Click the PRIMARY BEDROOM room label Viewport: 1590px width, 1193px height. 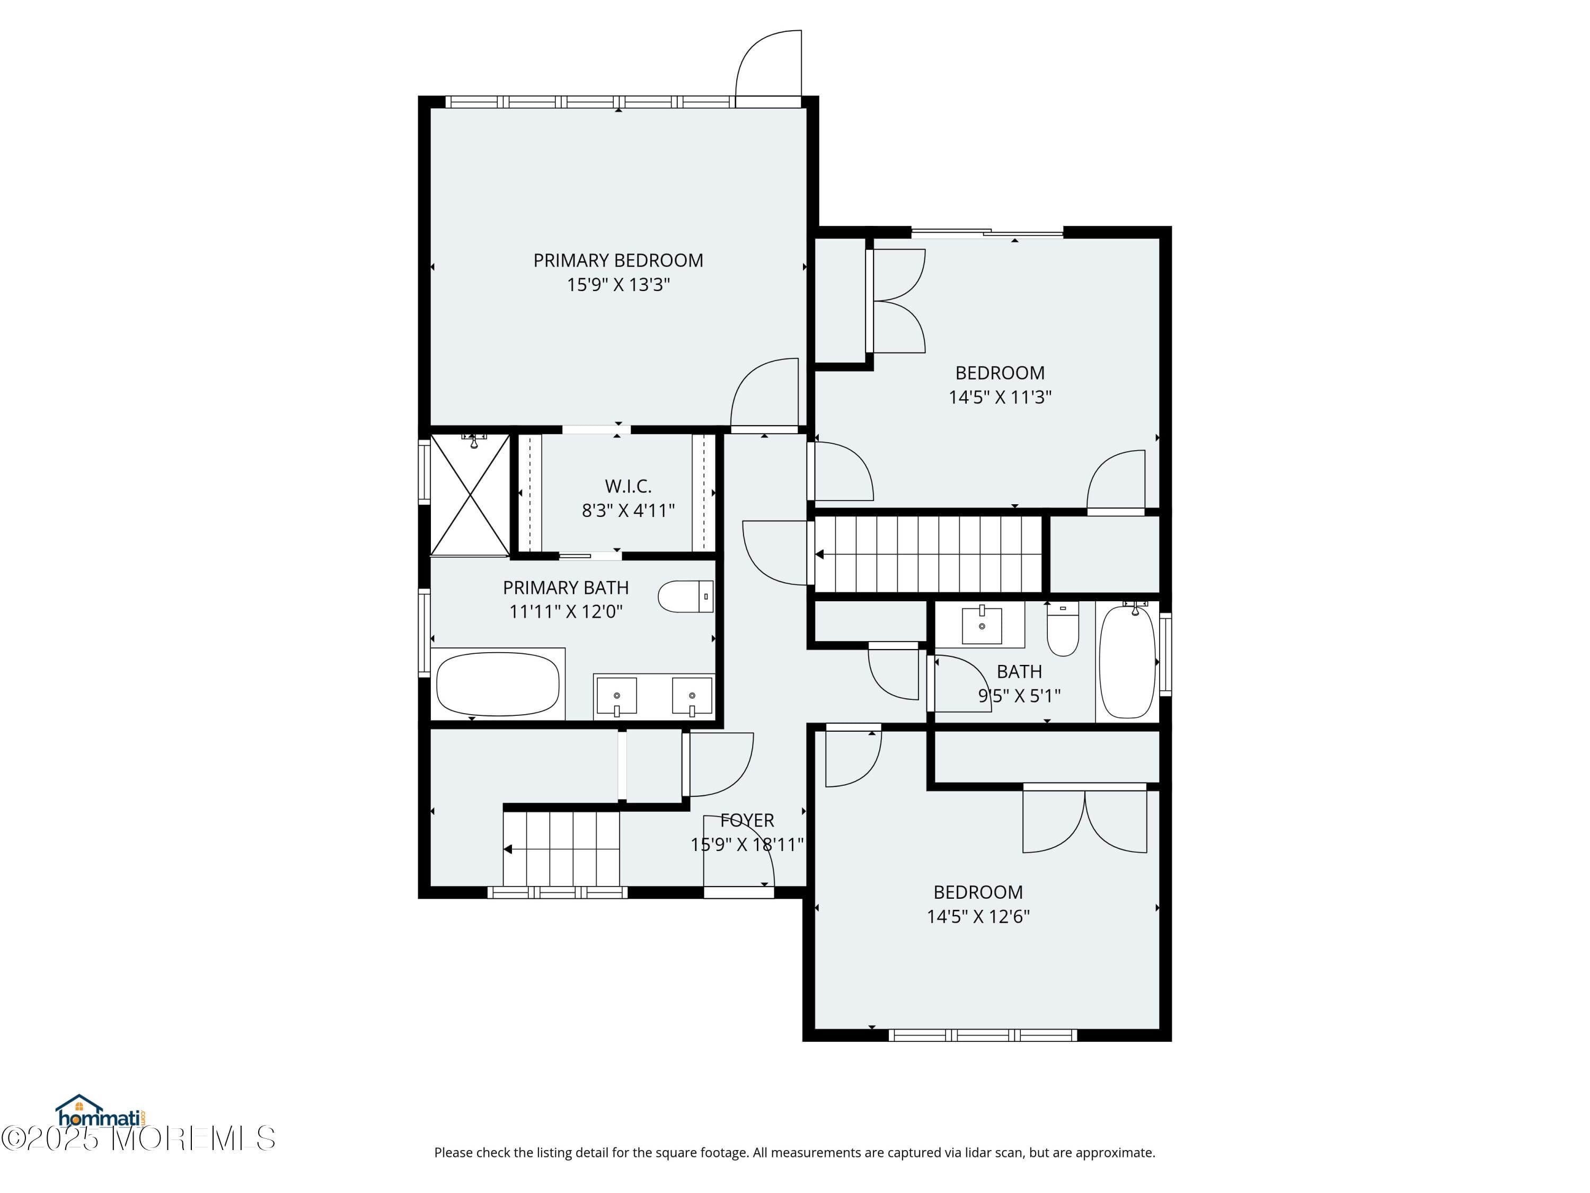[x=617, y=260]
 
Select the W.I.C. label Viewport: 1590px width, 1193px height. [x=628, y=486]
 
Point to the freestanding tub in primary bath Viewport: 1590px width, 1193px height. [x=498, y=684]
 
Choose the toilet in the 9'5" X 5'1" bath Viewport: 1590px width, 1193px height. [x=1063, y=629]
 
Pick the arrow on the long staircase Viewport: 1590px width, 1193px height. [x=819, y=555]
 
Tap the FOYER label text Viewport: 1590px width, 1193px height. [x=747, y=820]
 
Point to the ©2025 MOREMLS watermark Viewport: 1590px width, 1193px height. [x=138, y=1138]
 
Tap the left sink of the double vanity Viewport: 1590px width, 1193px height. [x=617, y=695]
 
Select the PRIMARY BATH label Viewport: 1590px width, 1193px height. [x=565, y=587]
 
